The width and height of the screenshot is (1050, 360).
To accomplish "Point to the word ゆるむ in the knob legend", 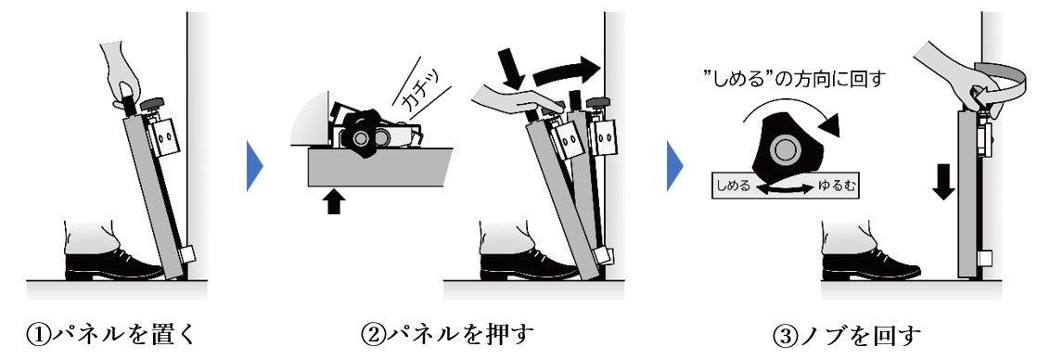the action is pyautogui.click(x=837, y=187).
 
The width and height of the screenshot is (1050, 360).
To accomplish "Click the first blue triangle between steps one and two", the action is pyautogui.click(x=255, y=164).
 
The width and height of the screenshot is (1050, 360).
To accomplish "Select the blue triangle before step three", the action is pyautogui.click(x=675, y=164).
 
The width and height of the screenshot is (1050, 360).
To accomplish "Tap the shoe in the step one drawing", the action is pyautogui.click(x=112, y=264).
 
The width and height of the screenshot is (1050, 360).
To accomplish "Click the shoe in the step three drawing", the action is pyautogui.click(x=871, y=264).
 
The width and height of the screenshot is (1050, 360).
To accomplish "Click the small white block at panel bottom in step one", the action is pyautogui.click(x=187, y=255).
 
